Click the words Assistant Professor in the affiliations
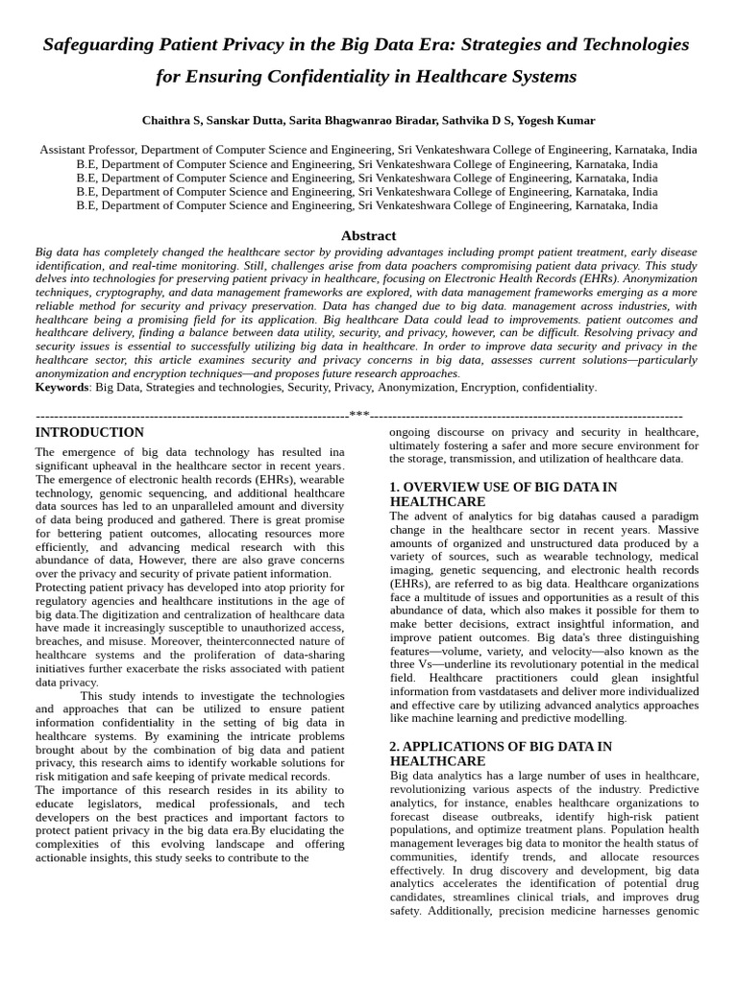coord(87,150)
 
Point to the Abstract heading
coord(368,235)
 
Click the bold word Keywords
coord(62,387)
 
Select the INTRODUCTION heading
coord(89,433)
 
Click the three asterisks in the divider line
coord(359,416)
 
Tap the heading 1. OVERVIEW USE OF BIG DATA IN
coord(503,488)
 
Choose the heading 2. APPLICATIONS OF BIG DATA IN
coord(500,746)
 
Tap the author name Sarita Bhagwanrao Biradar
coord(360,121)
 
